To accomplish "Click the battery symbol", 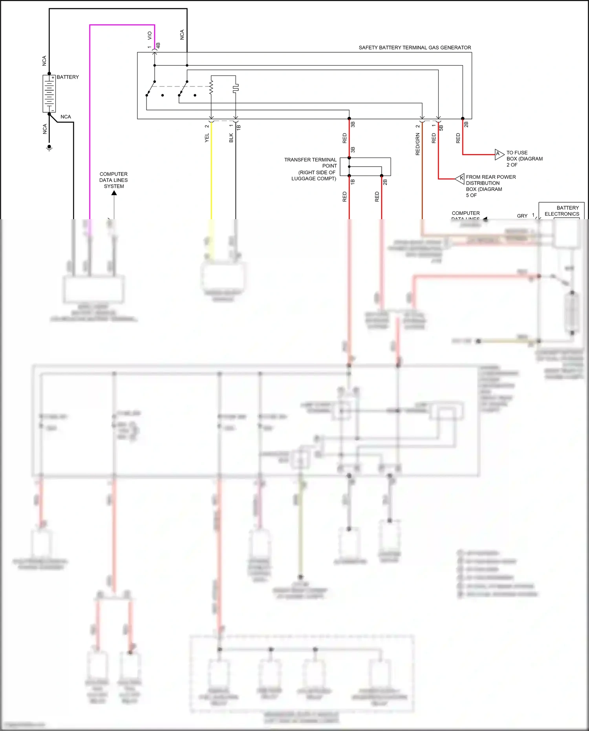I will tap(49, 93).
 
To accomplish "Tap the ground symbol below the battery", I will tap(49, 148).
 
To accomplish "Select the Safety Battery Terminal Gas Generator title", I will tap(415, 48).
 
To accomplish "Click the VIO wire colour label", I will tap(150, 35).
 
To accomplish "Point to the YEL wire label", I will tap(207, 137).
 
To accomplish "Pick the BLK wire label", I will tap(231, 137).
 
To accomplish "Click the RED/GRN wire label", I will tap(417, 144).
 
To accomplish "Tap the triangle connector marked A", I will tap(499, 154).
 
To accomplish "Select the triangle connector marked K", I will tap(460, 178).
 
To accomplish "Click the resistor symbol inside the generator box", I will tap(211, 87).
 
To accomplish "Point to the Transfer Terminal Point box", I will tap(365, 167).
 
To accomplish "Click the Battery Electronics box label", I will tap(562, 211).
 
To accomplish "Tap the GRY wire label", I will tap(522, 216).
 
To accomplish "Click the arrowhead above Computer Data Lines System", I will tap(114, 193).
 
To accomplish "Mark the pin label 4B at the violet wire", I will tap(158, 46).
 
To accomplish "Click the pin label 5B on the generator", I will tap(441, 128).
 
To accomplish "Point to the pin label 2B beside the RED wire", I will tap(466, 124).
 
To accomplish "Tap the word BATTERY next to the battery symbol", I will tap(68, 77).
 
